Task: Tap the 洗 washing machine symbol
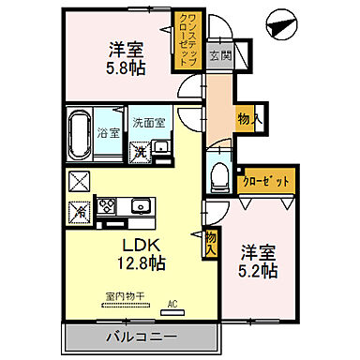[138, 151]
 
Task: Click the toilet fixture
[219, 174]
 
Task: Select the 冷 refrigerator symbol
[80, 210]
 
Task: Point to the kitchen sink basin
[142, 205]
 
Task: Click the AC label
[172, 303]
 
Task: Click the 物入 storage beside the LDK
[211, 245]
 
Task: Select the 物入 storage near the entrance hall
[247, 118]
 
